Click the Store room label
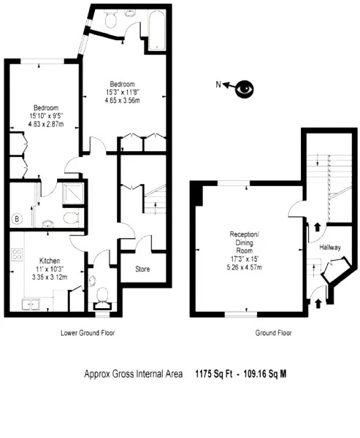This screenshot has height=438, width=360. tap(142, 269)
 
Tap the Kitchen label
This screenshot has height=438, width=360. tap(50, 261)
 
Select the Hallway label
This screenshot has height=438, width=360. tap(330, 247)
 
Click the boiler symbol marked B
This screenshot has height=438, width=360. tap(17, 219)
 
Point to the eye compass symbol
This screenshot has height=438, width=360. tap(245, 89)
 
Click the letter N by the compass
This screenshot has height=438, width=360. tap(218, 84)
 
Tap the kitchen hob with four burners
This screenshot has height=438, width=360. tap(17, 255)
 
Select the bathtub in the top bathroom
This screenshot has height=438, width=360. tap(157, 30)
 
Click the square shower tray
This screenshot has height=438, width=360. tap(73, 193)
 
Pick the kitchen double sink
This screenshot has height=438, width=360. tap(31, 304)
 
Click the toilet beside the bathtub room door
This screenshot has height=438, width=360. tap(110, 19)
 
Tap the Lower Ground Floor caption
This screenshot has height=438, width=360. tap(88, 333)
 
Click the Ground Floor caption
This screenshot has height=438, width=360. tap(273, 333)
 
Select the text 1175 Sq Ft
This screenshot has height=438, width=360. tap(214, 374)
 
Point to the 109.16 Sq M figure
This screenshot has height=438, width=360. tap(265, 374)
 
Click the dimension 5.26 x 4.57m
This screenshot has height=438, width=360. tap(245, 267)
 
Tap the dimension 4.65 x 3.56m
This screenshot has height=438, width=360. tap(123, 100)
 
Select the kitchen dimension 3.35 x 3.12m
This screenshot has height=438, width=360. tap(50, 277)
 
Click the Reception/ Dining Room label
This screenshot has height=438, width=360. tap(245, 242)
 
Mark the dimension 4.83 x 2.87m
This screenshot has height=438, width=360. tap(46, 124)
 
